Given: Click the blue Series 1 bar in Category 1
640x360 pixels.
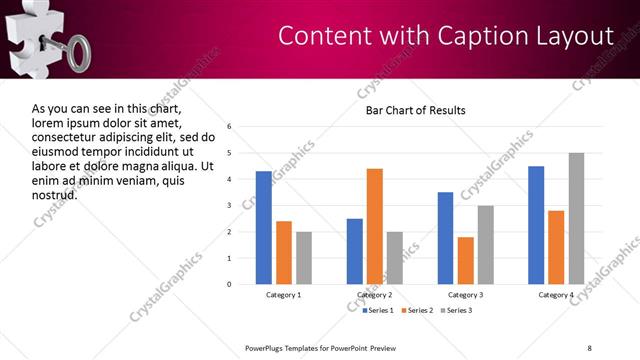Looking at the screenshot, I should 263,228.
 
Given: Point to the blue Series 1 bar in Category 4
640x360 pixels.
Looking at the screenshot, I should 536,225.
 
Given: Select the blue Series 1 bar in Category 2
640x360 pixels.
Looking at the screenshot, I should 354,251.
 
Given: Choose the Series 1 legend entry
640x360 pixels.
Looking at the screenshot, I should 379,311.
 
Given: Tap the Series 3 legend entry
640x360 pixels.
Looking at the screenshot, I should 457,311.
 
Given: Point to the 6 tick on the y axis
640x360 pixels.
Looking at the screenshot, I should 230,127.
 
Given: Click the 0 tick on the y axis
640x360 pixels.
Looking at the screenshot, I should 230,284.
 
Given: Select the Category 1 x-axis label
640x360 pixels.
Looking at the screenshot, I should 283,295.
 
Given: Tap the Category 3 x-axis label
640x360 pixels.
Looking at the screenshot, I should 465,295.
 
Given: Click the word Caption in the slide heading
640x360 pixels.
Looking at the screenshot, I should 474,36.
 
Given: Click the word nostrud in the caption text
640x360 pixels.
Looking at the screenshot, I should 55,193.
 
